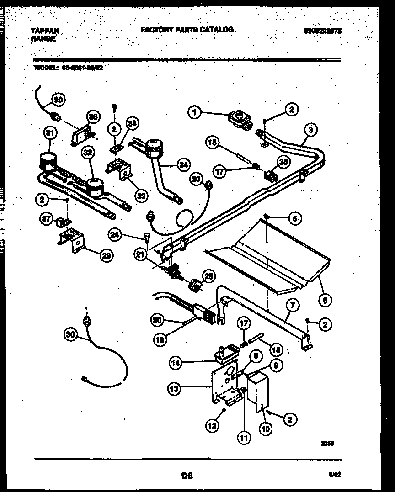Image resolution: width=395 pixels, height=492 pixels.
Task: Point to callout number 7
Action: coord(289,305)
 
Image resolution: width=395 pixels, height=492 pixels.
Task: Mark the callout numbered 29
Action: coord(106,256)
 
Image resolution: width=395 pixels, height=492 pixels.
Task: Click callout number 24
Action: coord(115,235)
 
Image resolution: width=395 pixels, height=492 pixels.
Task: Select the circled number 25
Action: coord(208,276)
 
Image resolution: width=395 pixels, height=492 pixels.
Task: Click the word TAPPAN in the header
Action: coord(44,30)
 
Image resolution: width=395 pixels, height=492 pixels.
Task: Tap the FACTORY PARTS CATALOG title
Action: coord(187,30)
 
